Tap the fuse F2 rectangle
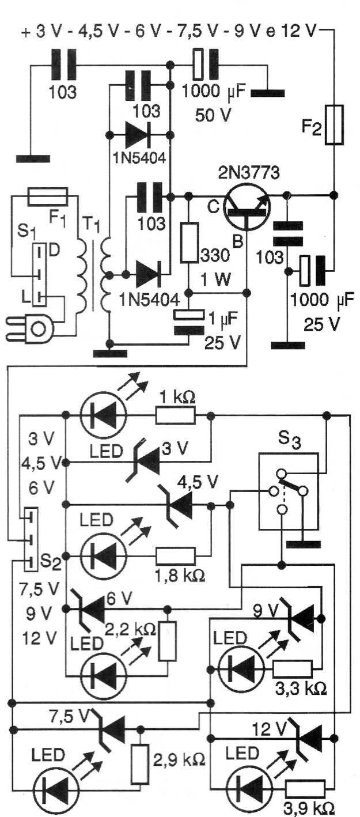tap(334, 124)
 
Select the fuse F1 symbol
tap(48, 196)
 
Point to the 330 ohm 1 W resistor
tap(190, 242)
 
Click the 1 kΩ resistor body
tap(176, 415)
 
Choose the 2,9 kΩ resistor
tap(140, 764)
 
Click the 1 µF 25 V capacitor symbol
tap(188, 321)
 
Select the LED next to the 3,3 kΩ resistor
tap(241, 670)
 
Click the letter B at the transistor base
tap(237, 241)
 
